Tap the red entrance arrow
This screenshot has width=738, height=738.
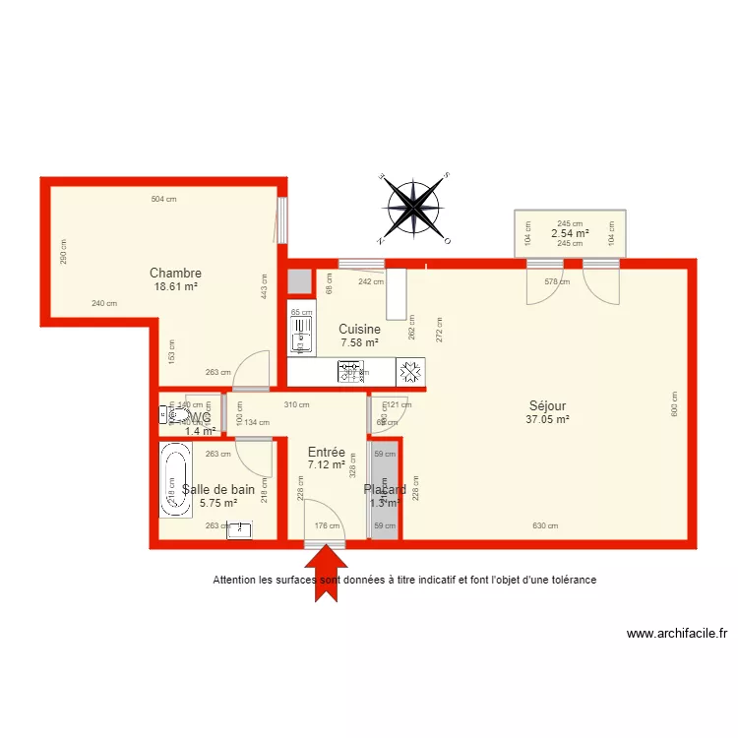coord(326,569)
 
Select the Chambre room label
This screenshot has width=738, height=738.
coord(175,273)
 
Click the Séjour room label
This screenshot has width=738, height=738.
coord(547,405)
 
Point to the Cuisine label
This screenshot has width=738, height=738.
coord(359,330)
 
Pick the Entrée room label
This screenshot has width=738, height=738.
coord(326,452)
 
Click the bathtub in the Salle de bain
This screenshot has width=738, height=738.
coord(175,480)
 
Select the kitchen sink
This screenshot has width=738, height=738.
coord(300,335)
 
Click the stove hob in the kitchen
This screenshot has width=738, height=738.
coord(351,372)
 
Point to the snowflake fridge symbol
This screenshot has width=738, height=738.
coord(410,372)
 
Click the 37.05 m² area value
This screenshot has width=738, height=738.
coord(548,419)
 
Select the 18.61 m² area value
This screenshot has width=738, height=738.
coord(175,286)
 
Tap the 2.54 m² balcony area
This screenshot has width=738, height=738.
coord(570,233)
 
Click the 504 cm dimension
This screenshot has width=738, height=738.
coord(163,200)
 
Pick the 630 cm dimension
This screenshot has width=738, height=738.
coord(545,526)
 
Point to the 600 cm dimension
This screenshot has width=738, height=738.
coord(675,404)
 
